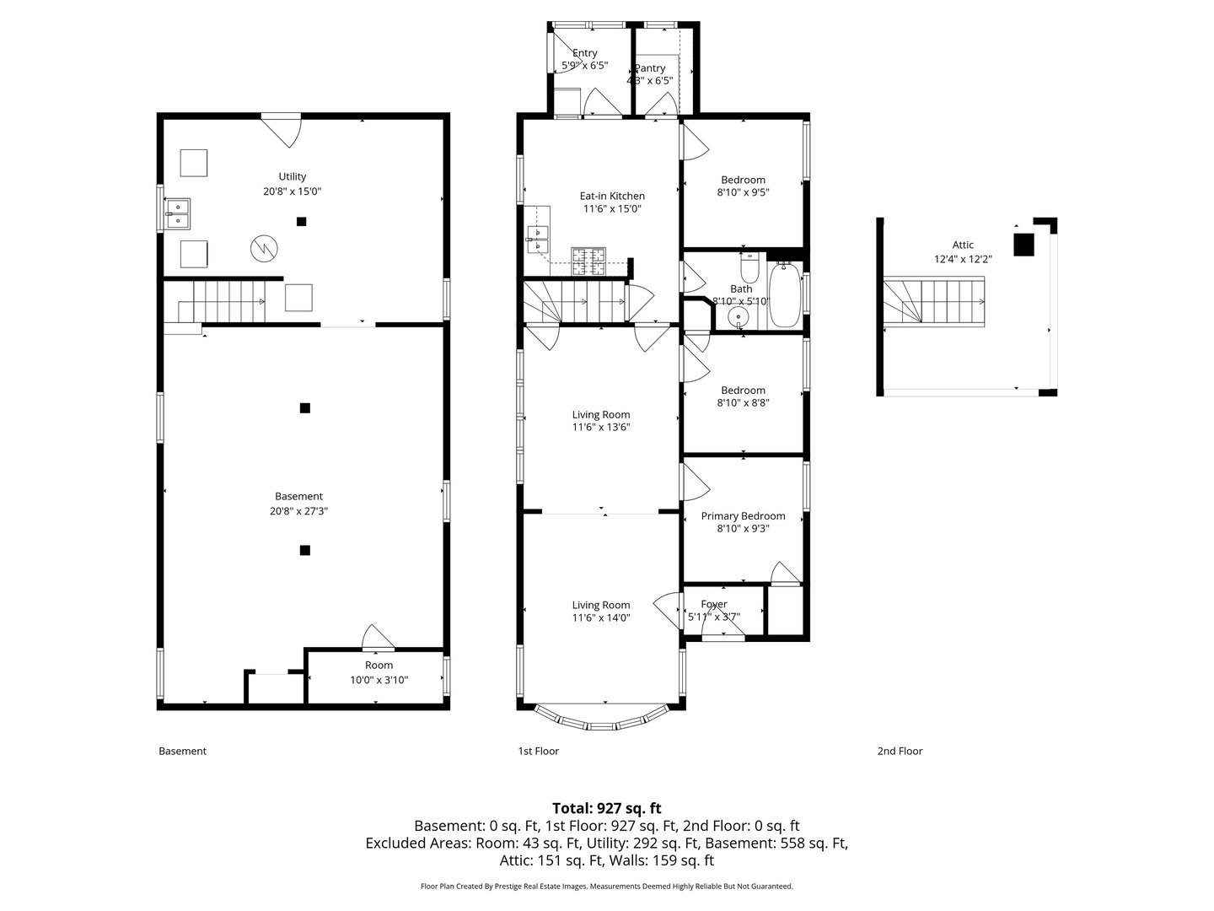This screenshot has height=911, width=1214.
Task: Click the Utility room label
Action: (293, 176)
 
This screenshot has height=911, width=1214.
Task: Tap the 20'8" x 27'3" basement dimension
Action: (298, 510)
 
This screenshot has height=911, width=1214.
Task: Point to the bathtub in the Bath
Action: (784, 294)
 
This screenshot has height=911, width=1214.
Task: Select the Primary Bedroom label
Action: (743, 516)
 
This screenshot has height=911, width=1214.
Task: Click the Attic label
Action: (963, 245)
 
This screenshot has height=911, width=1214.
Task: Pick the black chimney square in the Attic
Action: (1023, 244)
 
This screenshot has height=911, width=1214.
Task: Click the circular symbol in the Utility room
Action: (263, 248)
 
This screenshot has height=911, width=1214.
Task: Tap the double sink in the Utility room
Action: (178, 213)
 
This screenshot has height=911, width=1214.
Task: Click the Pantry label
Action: (650, 68)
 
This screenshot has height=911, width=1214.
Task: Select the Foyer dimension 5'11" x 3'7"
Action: (714, 617)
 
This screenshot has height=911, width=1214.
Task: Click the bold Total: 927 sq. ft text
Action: (606, 808)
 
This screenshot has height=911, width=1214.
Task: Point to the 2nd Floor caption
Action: (900, 751)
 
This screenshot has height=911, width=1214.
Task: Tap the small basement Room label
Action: (379, 666)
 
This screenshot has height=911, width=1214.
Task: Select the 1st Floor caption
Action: (538, 751)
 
